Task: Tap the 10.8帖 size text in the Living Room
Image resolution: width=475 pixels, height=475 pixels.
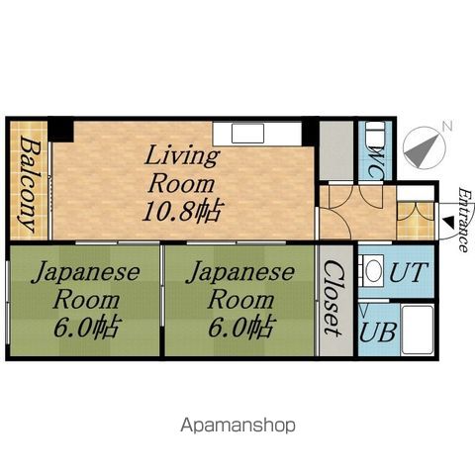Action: [181, 211]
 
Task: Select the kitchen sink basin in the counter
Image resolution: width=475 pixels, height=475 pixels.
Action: [247, 134]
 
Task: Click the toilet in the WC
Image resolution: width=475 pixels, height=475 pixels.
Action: [375, 131]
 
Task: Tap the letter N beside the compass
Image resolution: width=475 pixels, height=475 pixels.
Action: [447, 126]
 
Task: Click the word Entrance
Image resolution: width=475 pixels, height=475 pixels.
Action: [464, 220]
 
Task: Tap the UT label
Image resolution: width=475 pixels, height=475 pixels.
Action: [409, 272]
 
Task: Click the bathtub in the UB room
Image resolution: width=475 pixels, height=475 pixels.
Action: [417, 331]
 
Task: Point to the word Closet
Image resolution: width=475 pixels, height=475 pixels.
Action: [333, 298]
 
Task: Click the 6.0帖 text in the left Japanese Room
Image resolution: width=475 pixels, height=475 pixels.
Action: [86, 328]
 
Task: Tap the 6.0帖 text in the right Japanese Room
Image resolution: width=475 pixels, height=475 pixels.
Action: [240, 328]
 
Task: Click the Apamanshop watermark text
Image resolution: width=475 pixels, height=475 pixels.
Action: [237, 426]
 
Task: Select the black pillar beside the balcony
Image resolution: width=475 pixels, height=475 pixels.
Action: [61, 130]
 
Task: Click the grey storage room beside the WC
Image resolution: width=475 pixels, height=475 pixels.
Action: [336, 151]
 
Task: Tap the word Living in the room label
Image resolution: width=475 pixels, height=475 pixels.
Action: [182, 156]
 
